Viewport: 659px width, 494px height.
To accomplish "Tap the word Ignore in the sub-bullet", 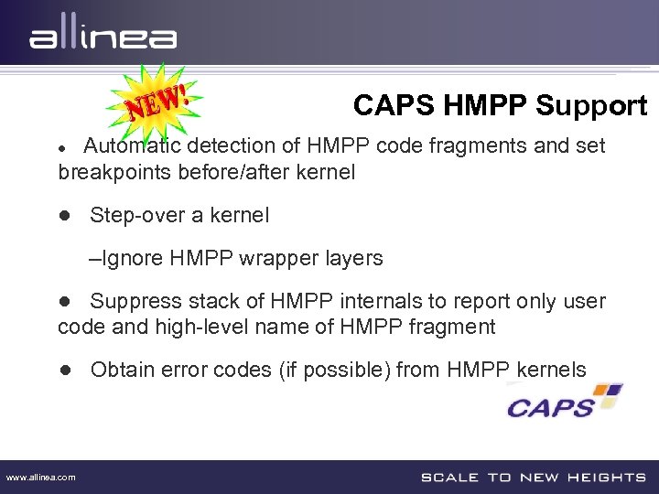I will click(134, 259).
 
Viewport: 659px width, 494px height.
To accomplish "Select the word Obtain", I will click(122, 370).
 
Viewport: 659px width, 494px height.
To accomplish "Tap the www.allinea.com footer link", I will click(41, 477).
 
